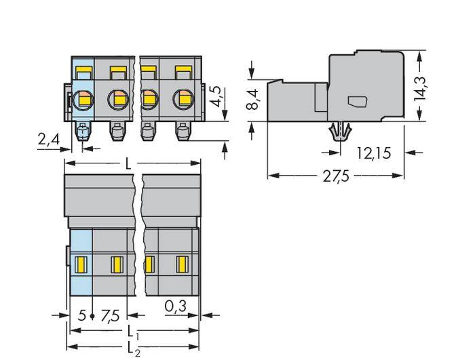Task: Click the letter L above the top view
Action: (x=129, y=163)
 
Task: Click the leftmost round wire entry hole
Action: (x=85, y=100)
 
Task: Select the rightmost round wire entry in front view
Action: (x=183, y=100)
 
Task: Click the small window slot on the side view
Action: (x=356, y=102)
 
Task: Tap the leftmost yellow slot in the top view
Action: (x=80, y=263)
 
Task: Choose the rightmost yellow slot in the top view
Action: (x=182, y=263)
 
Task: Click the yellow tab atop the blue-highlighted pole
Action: (x=83, y=69)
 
